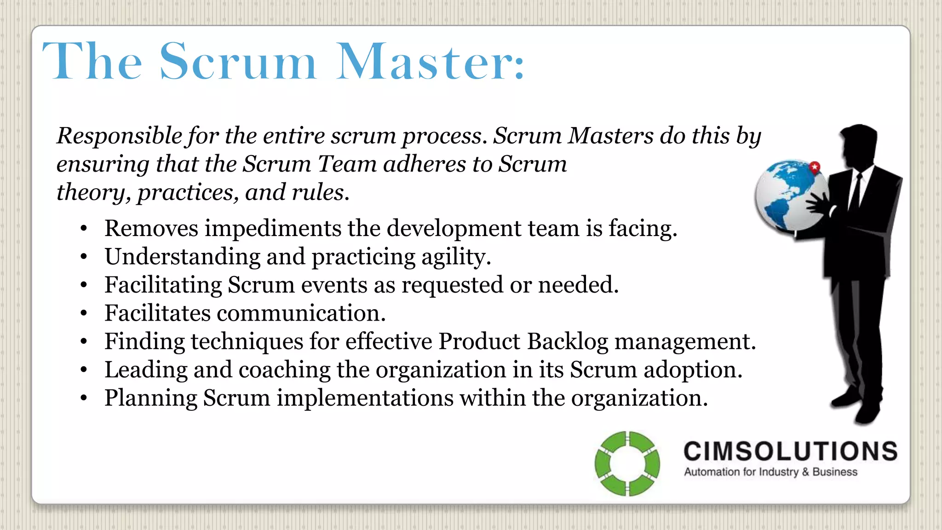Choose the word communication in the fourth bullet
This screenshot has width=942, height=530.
point(301,313)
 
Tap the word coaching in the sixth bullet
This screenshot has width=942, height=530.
point(284,370)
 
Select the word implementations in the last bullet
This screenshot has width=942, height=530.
point(365,398)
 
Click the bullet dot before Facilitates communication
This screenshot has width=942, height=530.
point(83,314)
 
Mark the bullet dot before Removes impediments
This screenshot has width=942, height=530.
point(83,229)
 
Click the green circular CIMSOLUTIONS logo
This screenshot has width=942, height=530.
point(627,463)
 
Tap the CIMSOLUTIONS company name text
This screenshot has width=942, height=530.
point(790,451)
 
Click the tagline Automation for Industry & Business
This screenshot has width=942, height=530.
point(770,472)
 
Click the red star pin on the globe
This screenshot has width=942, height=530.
point(815,167)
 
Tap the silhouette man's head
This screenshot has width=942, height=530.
point(859,145)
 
